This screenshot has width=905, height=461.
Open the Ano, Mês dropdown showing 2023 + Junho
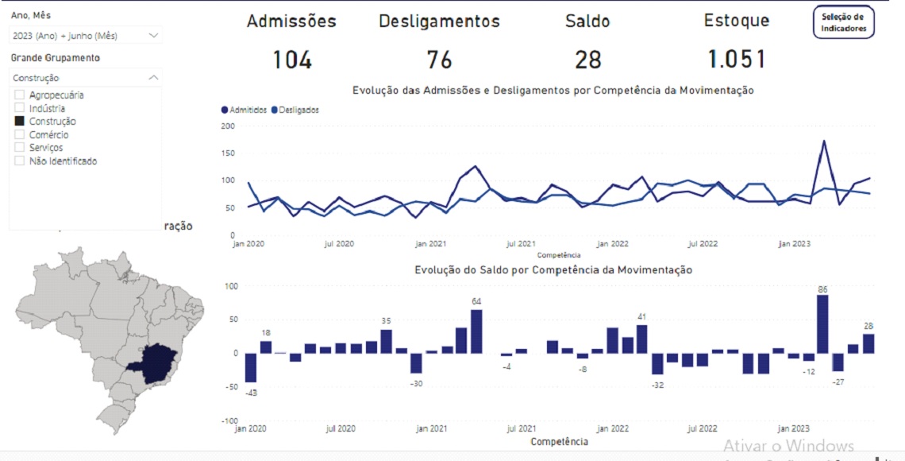(86, 35)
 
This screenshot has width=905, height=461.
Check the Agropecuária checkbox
(20, 95)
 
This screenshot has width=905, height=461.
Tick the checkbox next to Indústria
(20, 108)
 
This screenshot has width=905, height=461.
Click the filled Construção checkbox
(20, 122)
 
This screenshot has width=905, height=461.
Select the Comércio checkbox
(20, 134)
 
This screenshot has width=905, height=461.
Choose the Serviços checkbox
(20, 147)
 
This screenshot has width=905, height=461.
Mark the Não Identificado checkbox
(20, 161)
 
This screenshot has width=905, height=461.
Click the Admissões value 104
(292, 60)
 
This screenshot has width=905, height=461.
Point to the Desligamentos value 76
(439, 60)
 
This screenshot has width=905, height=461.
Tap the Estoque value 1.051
(737, 60)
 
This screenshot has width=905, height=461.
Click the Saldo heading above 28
(587, 21)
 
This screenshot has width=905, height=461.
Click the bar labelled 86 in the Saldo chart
(822, 324)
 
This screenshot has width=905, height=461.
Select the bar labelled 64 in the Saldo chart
(476, 331)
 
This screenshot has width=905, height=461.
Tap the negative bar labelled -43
(251, 368)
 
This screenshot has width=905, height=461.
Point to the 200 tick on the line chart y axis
(228, 126)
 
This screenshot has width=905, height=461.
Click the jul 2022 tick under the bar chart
(703, 428)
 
